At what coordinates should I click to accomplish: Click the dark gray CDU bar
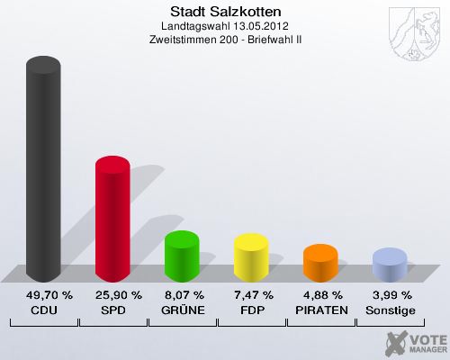click(x=43, y=171)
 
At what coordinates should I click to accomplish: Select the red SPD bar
click(x=112, y=220)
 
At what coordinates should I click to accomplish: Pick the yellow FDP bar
click(x=251, y=258)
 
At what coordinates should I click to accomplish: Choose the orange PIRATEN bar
click(x=320, y=263)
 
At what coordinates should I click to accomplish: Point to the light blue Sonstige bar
click(x=390, y=265)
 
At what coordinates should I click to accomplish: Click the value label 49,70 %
click(x=43, y=295)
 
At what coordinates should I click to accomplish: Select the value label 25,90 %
click(x=112, y=295)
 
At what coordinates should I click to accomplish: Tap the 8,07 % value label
click(x=182, y=295)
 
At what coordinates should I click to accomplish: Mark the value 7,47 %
click(x=251, y=295)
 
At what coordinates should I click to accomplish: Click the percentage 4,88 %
click(x=320, y=295)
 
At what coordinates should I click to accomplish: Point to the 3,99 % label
click(x=390, y=295)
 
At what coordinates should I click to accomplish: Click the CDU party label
click(x=43, y=310)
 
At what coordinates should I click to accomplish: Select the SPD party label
click(x=112, y=310)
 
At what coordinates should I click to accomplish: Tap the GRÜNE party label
click(x=182, y=310)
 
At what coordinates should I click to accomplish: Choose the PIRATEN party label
click(x=320, y=310)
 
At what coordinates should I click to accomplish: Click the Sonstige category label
click(x=390, y=310)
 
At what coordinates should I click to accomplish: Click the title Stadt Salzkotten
click(x=225, y=12)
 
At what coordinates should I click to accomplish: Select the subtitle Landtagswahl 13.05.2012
click(x=225, y=26)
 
